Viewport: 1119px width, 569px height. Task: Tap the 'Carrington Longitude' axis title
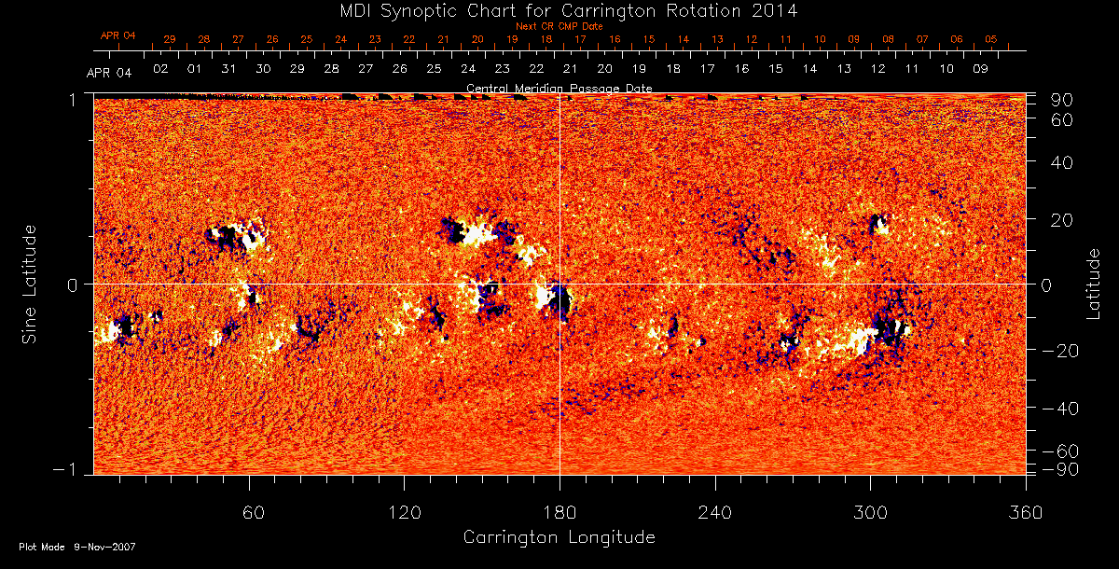click(559, 537)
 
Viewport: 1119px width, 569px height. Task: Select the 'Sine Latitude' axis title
click(30, 283)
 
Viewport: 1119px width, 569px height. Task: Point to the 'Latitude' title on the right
click(1093, 283)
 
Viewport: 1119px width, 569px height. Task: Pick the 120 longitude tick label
click(405, 513)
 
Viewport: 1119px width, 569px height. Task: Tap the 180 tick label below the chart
click(559, 513)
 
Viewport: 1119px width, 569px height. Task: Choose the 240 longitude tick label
click(715, 513)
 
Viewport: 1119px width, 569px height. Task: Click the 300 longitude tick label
click(870, 513)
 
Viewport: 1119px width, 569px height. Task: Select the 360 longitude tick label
click(1026, 513)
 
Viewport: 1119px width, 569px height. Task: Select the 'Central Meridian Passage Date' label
click(559, 88)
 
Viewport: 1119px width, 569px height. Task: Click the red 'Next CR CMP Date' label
click(559, 26)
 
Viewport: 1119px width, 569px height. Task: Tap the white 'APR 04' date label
click(109, 73)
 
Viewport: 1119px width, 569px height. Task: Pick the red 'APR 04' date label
click(118, 35)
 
